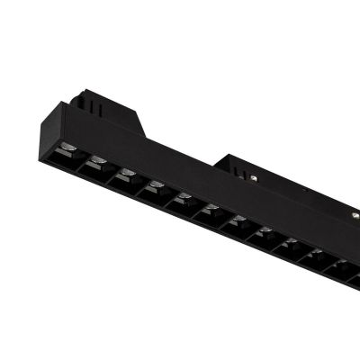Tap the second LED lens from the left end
pos(97,162)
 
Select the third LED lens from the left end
pos(126,174)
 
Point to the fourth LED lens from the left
pos(156,186)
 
